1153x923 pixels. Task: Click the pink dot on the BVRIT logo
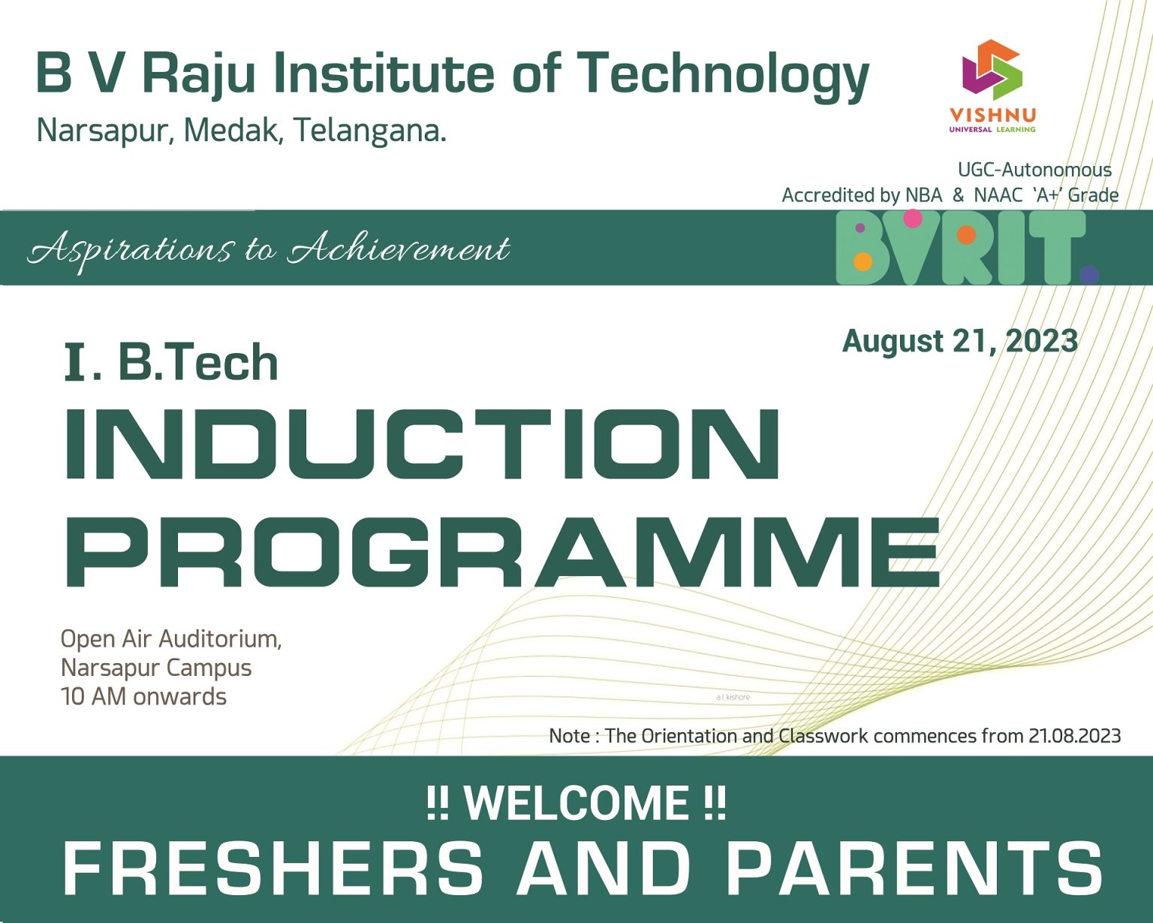[912, 219]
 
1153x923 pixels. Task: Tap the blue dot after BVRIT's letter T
[1089, 275]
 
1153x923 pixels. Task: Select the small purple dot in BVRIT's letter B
[860, 228]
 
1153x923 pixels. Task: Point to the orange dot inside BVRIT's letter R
[966, 235]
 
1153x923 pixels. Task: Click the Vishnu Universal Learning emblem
[992, 70]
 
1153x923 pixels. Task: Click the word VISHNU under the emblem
[992, 115]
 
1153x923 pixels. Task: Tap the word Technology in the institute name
[722, 75]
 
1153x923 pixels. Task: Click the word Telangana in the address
[369, 131]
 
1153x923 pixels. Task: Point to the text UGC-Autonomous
[1034, 170]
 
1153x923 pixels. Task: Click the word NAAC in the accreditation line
[998, 195]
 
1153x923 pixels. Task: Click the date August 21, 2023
[960, 341]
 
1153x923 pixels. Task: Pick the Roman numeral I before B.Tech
[74, 363]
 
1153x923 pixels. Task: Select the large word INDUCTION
[423, 445]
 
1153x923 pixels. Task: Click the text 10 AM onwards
[143, 697]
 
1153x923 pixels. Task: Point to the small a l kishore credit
[733, 697]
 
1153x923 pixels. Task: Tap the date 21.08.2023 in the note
[1074, 736]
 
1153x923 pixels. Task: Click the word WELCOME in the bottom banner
[576, 803]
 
